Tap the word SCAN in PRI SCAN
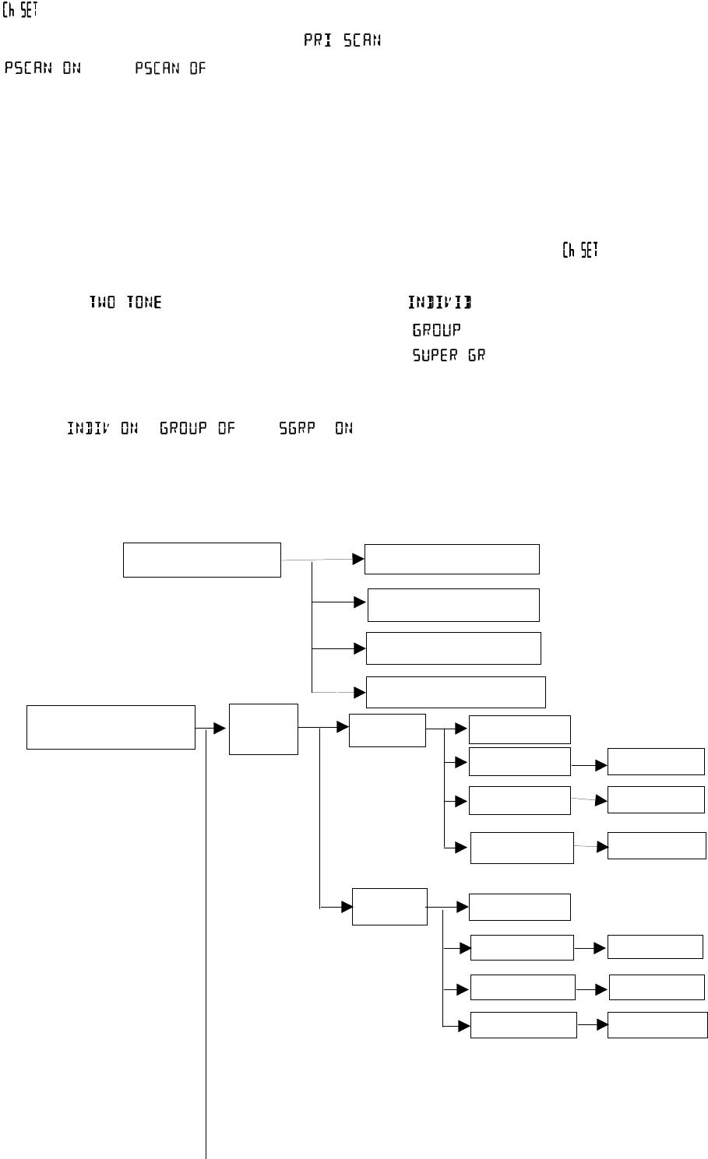tap(362, 41)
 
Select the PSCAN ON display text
tap(43, 68)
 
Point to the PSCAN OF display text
tap(171, 68)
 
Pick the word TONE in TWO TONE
tap(144, 302)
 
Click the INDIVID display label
tap(439, 302)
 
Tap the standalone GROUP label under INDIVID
tap(436, 330)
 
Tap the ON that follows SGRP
tap(343, 428)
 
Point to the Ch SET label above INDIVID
tap(580, 251)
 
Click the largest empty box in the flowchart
tap(111, 727)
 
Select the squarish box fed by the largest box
tap(263, 729)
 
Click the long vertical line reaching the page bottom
tap(206, 934)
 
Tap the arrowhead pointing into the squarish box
tap(220, 729)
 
